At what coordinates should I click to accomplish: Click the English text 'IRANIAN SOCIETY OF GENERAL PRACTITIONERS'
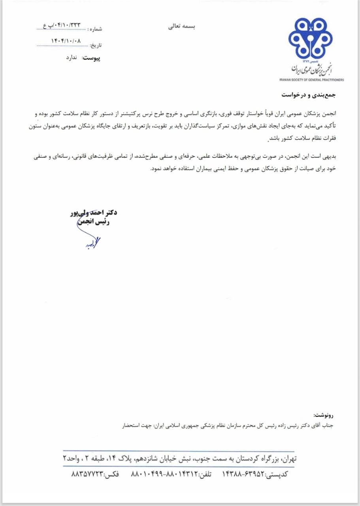[311, 79]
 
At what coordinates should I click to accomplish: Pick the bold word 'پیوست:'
[91, 58]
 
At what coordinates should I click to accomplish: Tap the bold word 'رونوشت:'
[324, 415]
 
